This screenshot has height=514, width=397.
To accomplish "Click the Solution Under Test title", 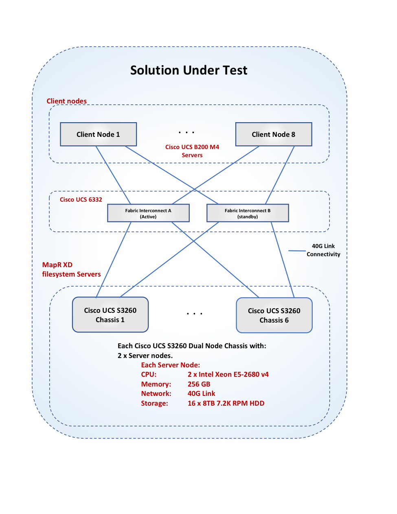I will click(189, 70).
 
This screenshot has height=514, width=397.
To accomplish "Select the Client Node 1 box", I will click(98, 134).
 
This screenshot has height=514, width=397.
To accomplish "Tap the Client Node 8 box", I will click(274, 134).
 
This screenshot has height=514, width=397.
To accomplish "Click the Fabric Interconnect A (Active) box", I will click(148, 213).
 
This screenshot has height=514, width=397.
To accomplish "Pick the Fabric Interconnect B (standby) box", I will click(248, 213).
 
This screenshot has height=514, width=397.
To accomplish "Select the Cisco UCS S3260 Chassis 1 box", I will click(110, 315).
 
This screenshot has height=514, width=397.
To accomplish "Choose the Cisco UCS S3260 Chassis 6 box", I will click(274, 315).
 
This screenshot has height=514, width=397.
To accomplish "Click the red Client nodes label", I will click(66, 101).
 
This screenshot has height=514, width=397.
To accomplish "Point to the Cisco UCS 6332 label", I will click(81, 200).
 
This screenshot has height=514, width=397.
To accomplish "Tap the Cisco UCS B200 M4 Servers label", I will click(192, 151).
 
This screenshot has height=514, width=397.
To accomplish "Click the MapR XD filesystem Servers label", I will click(71, 270).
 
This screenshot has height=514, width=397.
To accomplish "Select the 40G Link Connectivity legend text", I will click(323, 250).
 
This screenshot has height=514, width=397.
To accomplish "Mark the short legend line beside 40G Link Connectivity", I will click(297, 251).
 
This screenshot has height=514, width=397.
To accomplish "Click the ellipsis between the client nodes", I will click(186, 132).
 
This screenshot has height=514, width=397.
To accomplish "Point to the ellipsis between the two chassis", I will click(195, 314).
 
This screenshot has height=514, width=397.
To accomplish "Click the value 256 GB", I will click(199, 384).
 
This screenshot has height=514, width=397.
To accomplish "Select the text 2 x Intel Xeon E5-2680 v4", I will click(228, 374).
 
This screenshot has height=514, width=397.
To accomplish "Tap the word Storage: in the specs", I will click(154, 403).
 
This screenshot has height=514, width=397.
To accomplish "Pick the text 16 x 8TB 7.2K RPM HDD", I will click(226, 403).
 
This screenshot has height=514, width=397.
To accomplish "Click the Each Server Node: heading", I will click(171, 365).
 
